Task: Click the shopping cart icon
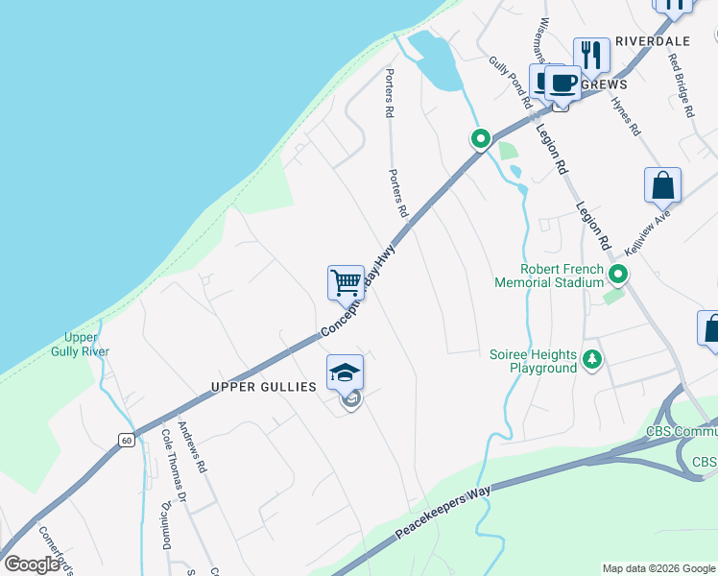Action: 346,283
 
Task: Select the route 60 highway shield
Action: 126,440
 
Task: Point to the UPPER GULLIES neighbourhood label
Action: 263,386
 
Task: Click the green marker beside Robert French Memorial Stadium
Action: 619,276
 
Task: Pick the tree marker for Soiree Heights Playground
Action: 592,360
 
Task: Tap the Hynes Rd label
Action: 625,114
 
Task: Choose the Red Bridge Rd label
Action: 682,84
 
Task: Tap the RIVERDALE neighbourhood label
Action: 653,41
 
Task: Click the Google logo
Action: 32,564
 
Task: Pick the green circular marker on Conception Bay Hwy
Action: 480,138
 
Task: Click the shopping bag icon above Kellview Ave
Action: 662,184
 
